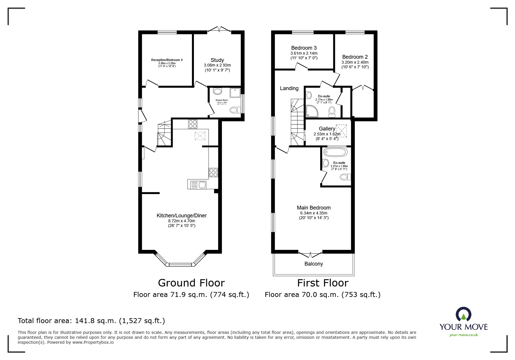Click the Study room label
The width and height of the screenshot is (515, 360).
(x=217, y=60)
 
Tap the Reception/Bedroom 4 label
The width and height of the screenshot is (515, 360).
(x=167, y=60)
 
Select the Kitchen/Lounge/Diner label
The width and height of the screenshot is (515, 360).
(x=181, y=216)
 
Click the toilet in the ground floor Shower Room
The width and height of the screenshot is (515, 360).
(x=234, y=110)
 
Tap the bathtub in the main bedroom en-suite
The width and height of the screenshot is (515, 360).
(x=335, y=152)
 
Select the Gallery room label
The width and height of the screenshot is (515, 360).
(x=327, y=129)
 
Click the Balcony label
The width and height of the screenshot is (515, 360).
(x=313, y=264)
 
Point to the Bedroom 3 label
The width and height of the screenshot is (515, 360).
(x=304, y=48)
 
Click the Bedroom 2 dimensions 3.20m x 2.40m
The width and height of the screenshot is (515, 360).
(x=355, y=62)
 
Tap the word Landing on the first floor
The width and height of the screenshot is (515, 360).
(x=289, y=88)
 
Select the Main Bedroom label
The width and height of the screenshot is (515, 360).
(x=313, y=208)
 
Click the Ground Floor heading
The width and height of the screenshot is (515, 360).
(x=191, y=283)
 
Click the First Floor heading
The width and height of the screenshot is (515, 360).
(x=322, y=283)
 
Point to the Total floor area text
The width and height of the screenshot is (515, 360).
(x=91, y=321)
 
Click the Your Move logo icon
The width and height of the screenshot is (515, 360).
(x=463, y=315)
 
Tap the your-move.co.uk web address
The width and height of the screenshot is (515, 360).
(x=464, y=335)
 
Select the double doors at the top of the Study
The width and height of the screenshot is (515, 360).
(x=220, y=30)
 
